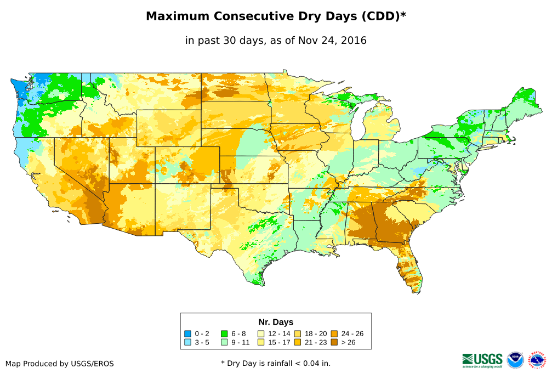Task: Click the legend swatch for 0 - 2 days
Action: point(188,333)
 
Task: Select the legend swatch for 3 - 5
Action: point(188,343)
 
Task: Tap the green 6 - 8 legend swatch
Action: point(225,333)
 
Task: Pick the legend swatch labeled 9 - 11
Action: point(225,343)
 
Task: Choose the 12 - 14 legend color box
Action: point(261,333)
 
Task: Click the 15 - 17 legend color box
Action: point(261,343)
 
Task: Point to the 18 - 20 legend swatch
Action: point(298,333)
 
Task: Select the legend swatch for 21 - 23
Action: point(298,343)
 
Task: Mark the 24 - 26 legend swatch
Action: point(334,333)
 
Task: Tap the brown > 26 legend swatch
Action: point(334,343)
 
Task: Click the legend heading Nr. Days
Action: point(276,322)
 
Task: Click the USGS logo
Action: point(482,360)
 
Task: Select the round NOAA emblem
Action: point(515,360)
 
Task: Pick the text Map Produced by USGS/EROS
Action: point(60,364)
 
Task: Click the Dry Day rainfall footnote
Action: point(276,363)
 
